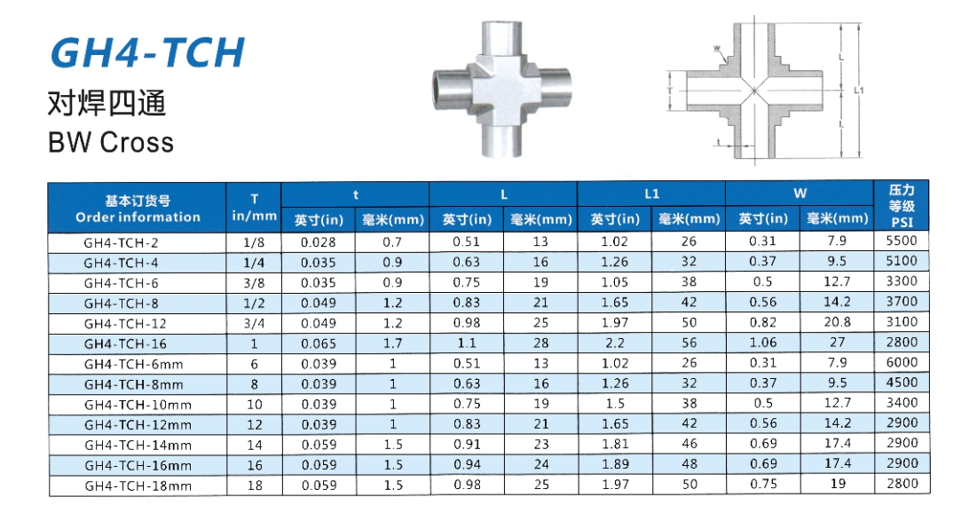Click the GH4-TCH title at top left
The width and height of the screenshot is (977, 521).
coord(147,52)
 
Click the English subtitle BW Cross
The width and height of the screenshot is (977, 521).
coord(111,142)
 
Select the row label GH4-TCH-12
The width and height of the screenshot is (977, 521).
coord(122,323)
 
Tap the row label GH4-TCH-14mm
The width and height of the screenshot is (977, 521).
coord(138,445)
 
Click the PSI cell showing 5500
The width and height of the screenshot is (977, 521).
coord(902,241)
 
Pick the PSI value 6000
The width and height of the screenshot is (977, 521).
coord(902,362)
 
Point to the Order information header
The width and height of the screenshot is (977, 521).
coord(138,217)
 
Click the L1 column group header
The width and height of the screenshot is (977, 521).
coord(651,193)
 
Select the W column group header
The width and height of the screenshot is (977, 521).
coord(800,193)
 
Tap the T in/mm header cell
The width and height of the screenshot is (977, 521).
coord(254,208)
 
